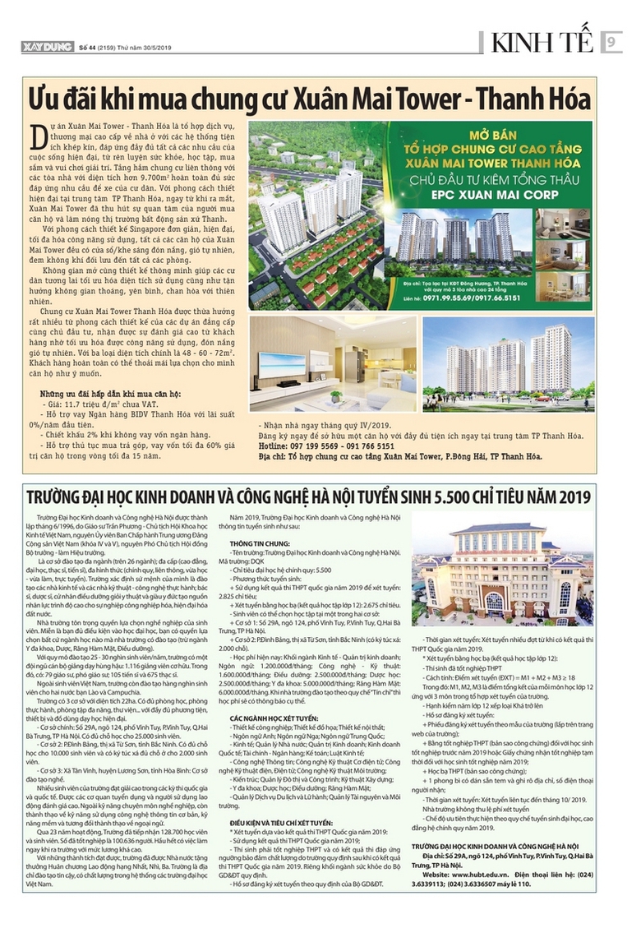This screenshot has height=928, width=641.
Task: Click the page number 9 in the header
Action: [x=612, y=43]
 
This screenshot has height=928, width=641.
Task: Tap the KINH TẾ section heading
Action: [x=546, y=43]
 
